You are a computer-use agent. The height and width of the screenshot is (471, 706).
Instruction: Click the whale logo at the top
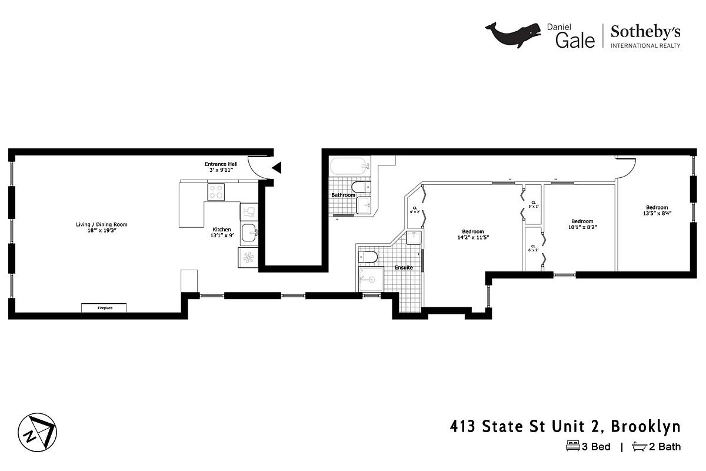tap(512, 34)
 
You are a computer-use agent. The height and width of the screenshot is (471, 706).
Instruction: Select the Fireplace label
tap(105, 308)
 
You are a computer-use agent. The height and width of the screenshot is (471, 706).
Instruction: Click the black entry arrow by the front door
tap(276, 168)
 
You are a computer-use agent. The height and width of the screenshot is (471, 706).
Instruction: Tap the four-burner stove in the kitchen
tap(216, 191)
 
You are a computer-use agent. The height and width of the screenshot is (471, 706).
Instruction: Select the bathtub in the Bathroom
tap(350, 167)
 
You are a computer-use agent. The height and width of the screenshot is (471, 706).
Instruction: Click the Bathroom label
tap(343, 195)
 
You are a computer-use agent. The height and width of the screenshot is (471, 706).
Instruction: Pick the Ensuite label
tap(404, 267)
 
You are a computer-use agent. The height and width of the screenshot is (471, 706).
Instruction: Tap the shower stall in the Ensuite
tap(371, 279)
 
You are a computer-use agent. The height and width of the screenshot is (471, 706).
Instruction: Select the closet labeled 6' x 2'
tap(534, 248)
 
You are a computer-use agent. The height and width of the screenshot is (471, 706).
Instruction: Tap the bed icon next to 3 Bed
tap(572, 446)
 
